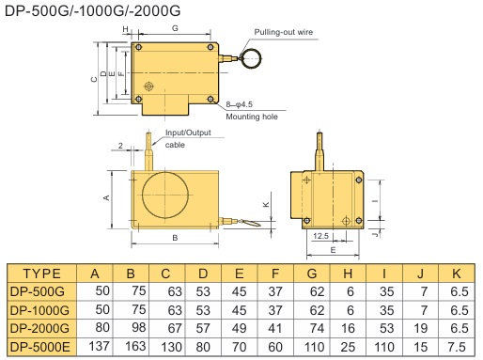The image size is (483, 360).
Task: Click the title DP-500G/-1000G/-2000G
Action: click(x=93, y=11)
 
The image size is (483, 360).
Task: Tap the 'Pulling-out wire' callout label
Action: click(x=284, y=32)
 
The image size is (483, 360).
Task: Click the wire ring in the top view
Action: click(x=251, y=58)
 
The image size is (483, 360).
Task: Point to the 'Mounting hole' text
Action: click(x=252, y=117)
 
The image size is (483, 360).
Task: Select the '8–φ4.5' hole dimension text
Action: click(x=240, y=104)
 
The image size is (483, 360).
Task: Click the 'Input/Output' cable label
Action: click(x=188, y=133)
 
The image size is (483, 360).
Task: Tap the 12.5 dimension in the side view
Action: click(x=320, y=236)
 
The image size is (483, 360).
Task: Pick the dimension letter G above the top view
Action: click(x=175, y=28)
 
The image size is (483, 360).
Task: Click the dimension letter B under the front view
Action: click(x=175, y=238)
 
